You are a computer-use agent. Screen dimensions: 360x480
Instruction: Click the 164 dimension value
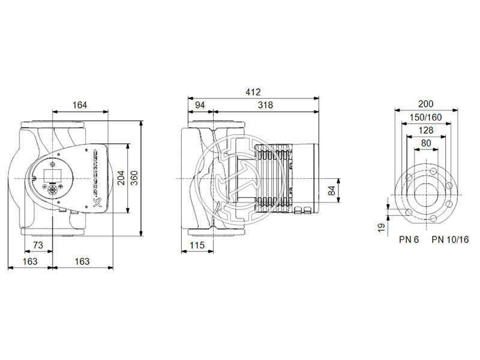(79, 105)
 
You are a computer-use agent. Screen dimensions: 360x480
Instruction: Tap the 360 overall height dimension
(134, 178)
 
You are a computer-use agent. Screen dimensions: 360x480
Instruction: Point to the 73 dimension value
(37, 245)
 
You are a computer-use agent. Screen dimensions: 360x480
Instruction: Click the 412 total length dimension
(253, 92)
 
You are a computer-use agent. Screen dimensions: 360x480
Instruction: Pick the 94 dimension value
(200, 105)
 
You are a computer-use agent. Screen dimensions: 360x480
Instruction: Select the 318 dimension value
(265, 105)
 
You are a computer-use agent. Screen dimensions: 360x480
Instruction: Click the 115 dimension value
(197, 245)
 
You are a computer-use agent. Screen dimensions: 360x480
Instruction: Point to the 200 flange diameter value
(426, 104)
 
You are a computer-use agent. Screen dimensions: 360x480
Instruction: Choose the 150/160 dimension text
(426, 117)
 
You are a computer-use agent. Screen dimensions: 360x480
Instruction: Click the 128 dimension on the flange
(426, 130)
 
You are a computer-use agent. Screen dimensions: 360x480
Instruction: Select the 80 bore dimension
(426, 143)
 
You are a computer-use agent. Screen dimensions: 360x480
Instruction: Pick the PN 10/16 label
(449, 239)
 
